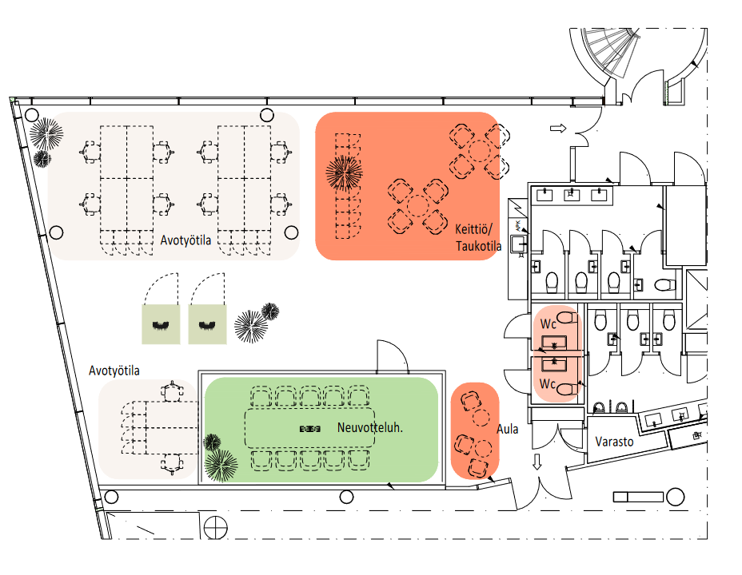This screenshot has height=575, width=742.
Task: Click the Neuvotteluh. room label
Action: [369, 426]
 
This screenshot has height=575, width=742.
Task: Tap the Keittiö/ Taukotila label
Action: [478, 237]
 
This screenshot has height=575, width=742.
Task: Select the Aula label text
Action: [507, 429]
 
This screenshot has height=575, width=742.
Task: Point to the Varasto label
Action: [614, 442]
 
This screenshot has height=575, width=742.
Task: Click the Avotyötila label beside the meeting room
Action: [114, 371]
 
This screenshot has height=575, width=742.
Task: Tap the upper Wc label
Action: [548, 324]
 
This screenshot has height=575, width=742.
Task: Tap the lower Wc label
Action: [547, 384]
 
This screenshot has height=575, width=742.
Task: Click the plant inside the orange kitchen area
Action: [345, 172]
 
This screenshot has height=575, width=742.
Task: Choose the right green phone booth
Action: [208, 323]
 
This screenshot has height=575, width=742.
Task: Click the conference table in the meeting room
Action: [309, 428]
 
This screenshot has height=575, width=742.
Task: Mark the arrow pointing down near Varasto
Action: [537, 462]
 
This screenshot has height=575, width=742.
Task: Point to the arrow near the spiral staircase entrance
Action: [558, 128]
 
